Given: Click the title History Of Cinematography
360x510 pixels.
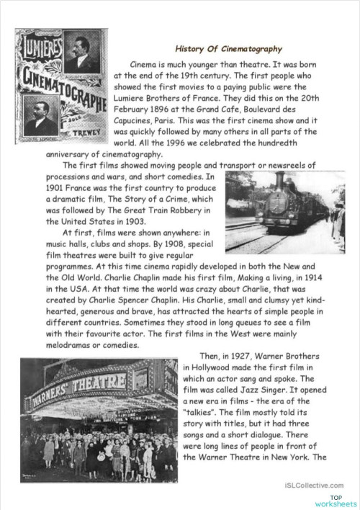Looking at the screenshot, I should point(228,49).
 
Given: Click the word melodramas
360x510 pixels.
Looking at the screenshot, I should point(69,344).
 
